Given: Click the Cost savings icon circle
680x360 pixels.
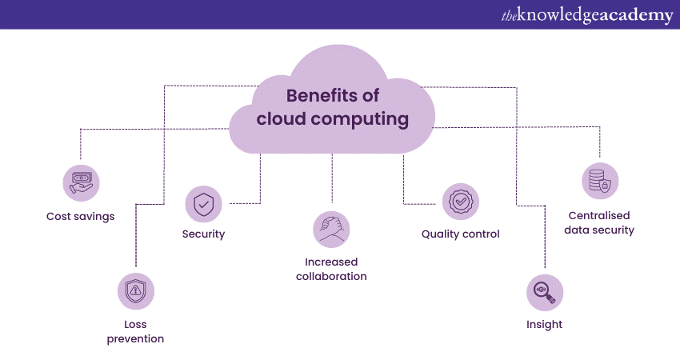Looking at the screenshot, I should pos(81,182).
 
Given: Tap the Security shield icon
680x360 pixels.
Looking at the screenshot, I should pos(203,204).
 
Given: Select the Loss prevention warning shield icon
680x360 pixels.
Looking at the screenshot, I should pos(135,291).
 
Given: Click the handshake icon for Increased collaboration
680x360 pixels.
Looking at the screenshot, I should pos(331,229).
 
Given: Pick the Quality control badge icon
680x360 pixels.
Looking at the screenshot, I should pos(460,202).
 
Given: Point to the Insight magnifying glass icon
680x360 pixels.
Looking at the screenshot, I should pos(544,292).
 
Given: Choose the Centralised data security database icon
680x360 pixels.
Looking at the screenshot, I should pos(600,182).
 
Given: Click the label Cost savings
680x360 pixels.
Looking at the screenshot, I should pos(80,216).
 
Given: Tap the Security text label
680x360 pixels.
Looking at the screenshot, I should pos(203,234).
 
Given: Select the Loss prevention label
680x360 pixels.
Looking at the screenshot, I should pos(135,331).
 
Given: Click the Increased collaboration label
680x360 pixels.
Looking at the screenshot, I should pos(331,269).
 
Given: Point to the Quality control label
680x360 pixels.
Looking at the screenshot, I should pos(460,234).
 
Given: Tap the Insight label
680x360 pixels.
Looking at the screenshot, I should pos(544,324).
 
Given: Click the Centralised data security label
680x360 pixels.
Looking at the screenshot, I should pos(600,222).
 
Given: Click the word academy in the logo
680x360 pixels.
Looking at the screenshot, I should pos(637,16).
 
